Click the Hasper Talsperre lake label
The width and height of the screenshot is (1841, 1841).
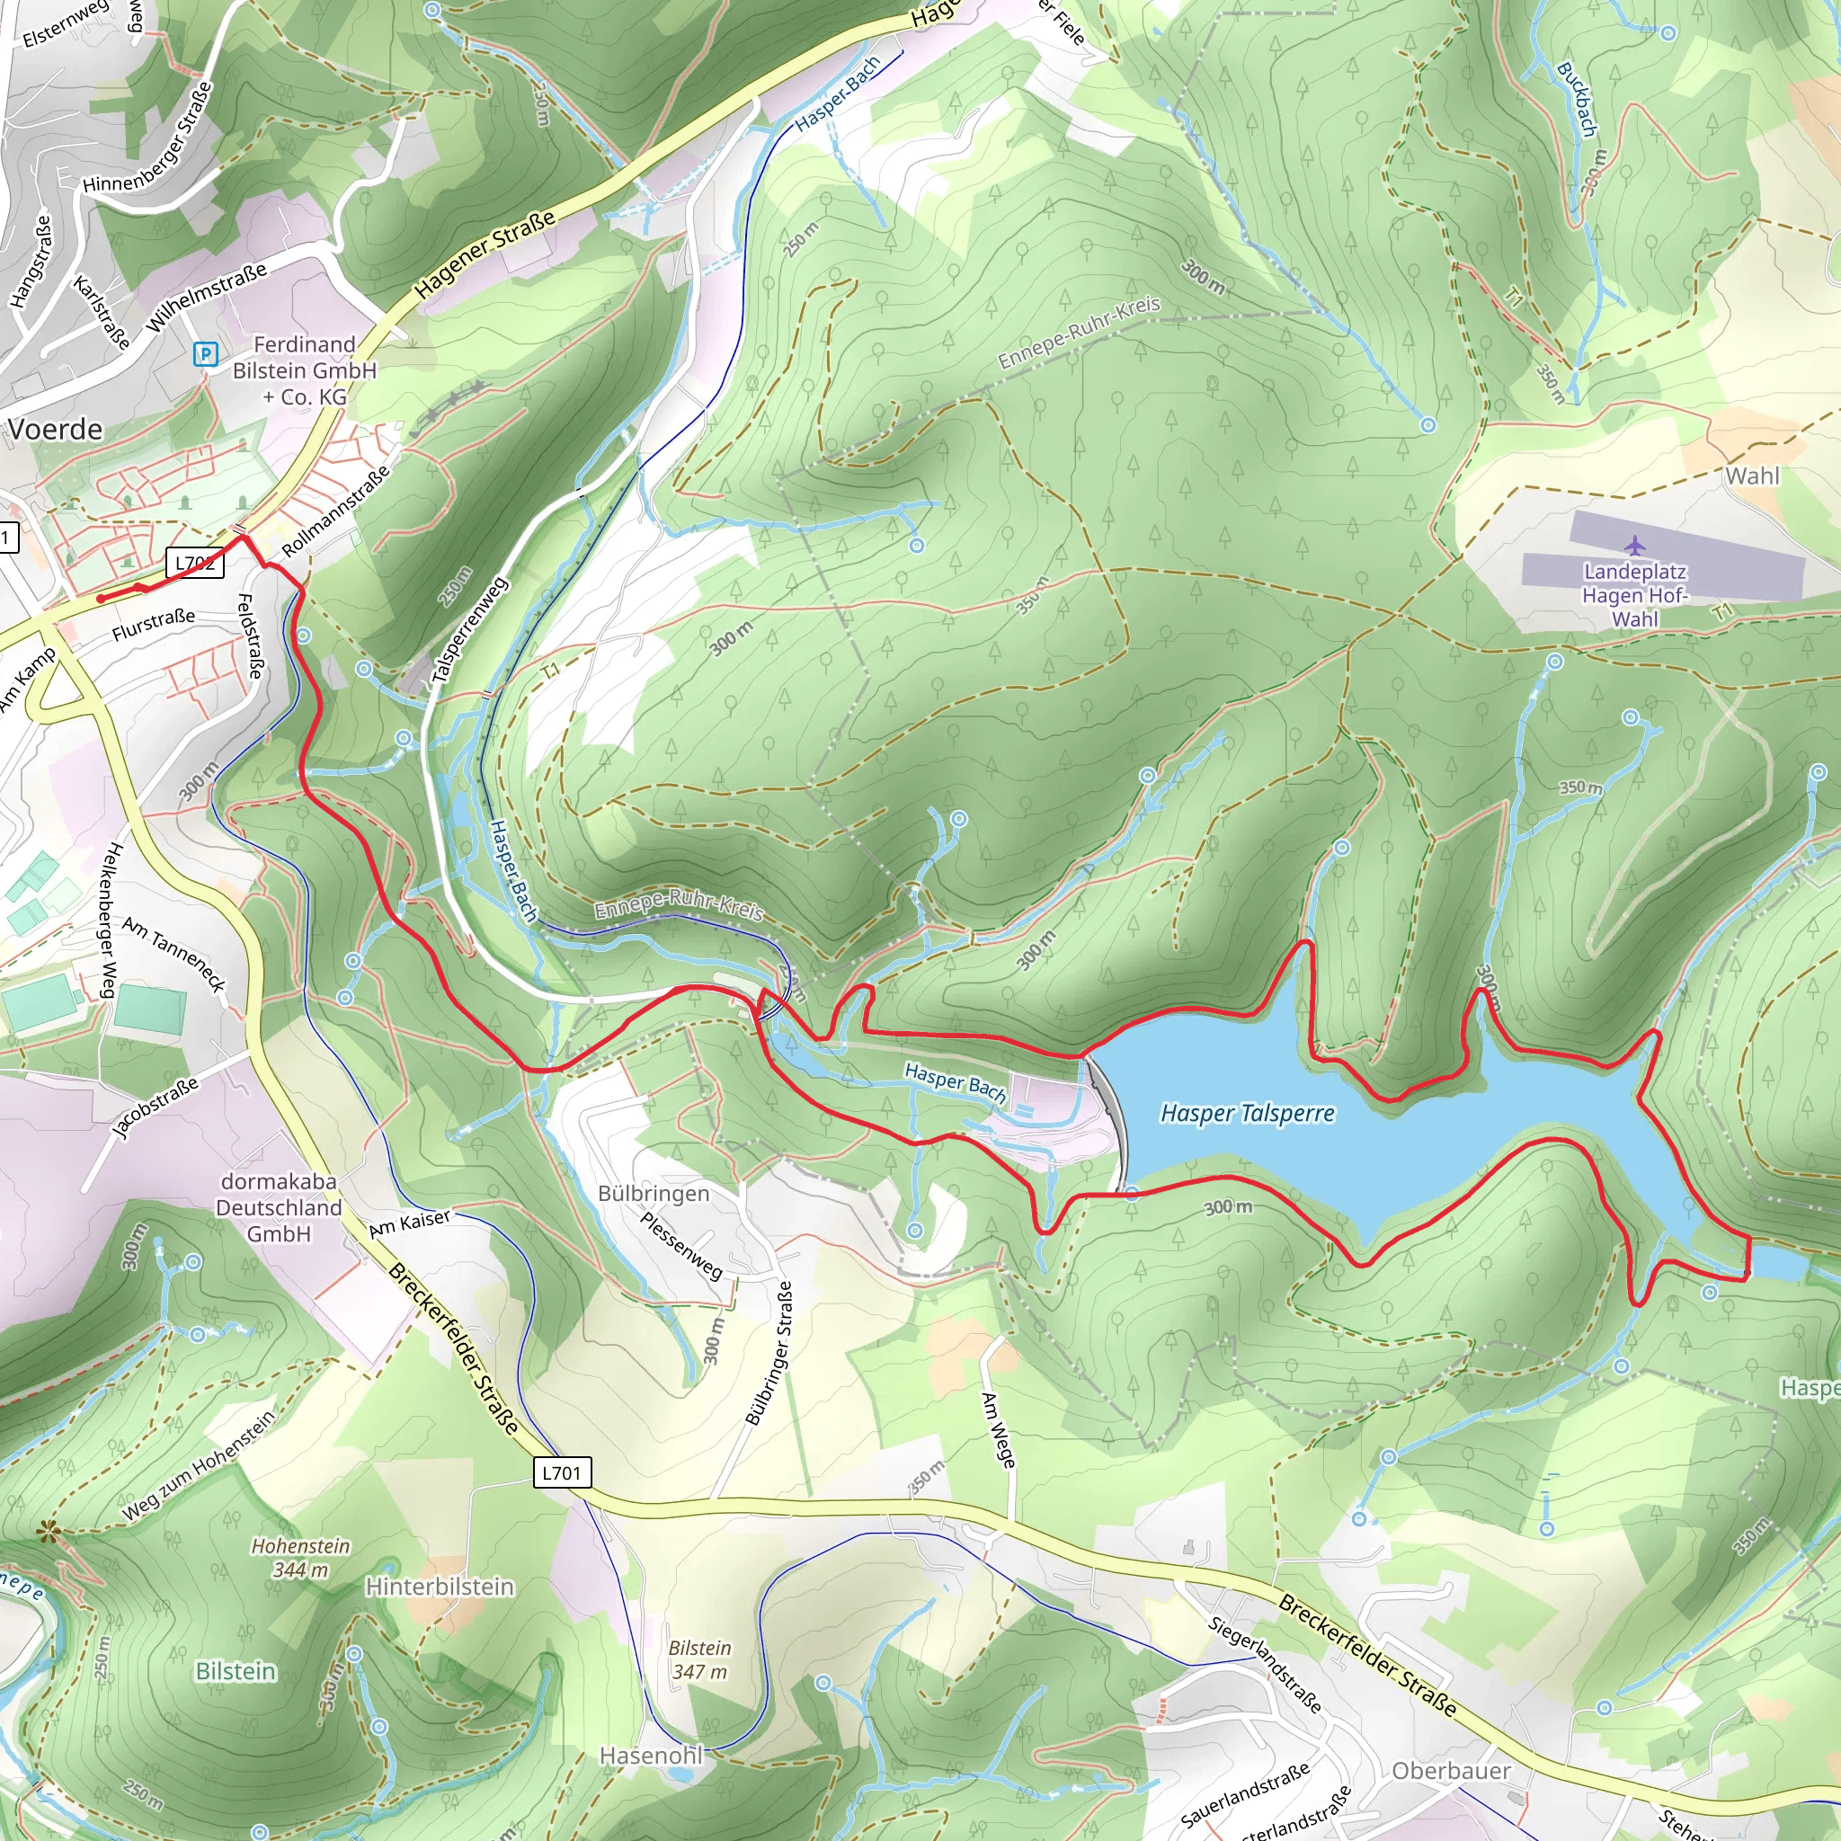(1248, 1113)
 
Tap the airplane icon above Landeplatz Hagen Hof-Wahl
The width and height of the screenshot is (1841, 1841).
(1635, 546)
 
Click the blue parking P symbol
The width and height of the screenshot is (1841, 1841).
(205, 354)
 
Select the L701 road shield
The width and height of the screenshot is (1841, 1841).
(561, 1472)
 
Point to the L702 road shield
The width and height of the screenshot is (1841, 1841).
(195, 563)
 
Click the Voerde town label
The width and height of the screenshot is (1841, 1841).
(55, 430)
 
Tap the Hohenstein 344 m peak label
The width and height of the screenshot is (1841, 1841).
(300, 1557)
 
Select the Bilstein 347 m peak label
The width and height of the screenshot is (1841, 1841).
(699, 1659)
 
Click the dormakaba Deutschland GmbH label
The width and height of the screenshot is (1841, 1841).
(279, 1207)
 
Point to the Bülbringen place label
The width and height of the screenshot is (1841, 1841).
(654, 1193)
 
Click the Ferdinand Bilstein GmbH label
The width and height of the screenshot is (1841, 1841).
(305, 369)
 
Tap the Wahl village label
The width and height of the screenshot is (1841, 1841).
(1751, 476)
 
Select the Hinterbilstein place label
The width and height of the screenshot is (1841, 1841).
(440, 1587)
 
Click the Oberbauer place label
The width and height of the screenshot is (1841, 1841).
(1451, 1771)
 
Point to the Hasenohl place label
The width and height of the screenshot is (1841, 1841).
(651, 1756)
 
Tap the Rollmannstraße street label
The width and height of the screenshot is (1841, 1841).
(335, 511)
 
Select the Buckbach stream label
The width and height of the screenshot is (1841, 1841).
(1576, 99)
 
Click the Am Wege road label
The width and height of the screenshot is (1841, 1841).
(999, 1430)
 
